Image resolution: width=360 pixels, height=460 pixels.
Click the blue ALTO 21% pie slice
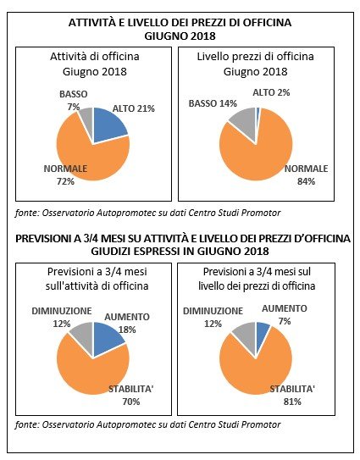point(108,123)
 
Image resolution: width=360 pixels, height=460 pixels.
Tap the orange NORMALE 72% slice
point(88,152)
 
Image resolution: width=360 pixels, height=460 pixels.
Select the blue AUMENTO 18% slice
point(107,336)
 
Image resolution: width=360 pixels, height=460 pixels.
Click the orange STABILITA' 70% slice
point(91,369)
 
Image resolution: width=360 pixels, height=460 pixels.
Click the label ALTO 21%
point(134,108)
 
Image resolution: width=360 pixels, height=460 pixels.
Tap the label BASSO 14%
point(213,103)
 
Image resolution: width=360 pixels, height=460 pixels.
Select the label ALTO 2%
point(271,92)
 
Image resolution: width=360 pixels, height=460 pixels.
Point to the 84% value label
point(307,181)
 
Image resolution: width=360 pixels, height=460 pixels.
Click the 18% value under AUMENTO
point(127,330)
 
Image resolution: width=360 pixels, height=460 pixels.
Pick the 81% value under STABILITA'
point(292,402)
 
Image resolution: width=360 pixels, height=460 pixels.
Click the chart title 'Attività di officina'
point(95,56)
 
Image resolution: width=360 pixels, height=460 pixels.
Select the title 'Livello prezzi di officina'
point(256,56)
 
